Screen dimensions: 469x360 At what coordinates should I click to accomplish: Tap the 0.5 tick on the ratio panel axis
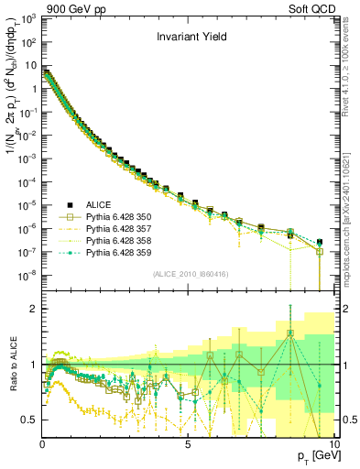point(30,420)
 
